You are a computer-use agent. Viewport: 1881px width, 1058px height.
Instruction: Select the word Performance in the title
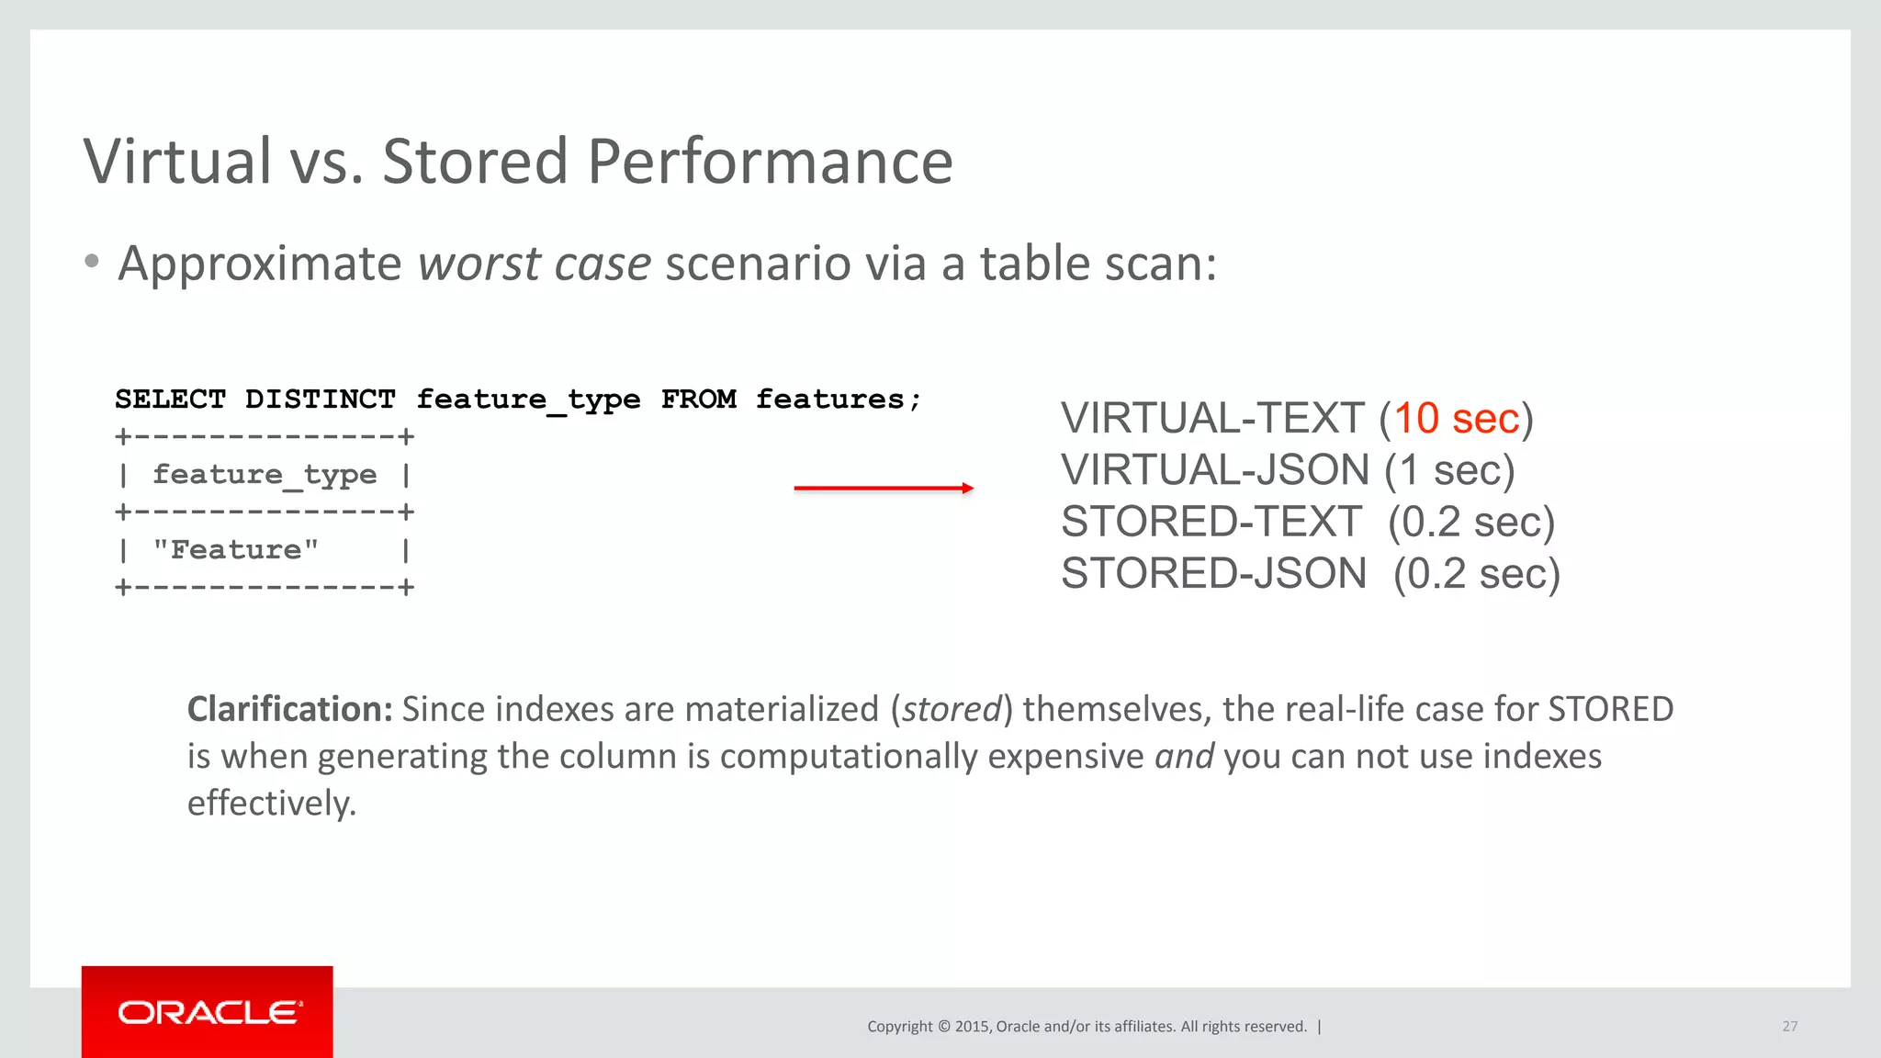pyautogui.click(x=770, y=162)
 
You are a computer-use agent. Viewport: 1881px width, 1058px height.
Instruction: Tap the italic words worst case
pyautogui.click(x=535, y=264)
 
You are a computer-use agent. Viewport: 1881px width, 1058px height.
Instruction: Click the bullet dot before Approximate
pyautogui.click(x=91, y=262)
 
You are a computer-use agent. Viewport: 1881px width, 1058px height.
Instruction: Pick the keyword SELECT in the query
pyautogui.click(x=171, y=400)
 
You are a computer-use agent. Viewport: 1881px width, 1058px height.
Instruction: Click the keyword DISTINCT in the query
pyautogui.click(x=320, y=400)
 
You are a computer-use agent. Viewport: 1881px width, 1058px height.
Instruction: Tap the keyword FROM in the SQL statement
pyautogui.click(x=698, y=400)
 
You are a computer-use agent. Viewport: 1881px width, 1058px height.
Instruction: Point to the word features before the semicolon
pyautogui.click(x=830, y=400)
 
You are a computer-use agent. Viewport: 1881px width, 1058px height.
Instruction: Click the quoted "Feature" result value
pyautogui.click(x=236, y=550)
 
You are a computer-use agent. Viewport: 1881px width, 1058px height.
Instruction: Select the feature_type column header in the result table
pyautogui.click(x=265, y=475)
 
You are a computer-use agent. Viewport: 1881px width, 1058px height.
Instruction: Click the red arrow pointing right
pyautogui.click(x=884, y=489)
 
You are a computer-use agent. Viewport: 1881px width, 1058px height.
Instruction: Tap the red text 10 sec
pyautogui.click(x=1456, y=419)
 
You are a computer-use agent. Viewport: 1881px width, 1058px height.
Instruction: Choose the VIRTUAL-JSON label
pyautogui.click(x=1215, y=470)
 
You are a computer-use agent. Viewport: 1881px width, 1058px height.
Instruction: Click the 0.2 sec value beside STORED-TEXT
pyautogui.click(x=1470, y=523)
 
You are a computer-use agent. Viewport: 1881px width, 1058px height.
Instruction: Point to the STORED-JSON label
pyautogui.click(x=1213, y=574)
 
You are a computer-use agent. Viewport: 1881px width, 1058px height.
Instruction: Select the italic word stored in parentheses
pyautogui.click(x=951, y=709)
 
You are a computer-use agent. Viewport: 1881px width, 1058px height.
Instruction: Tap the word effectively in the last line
pyautogui.click(x=272, y=804)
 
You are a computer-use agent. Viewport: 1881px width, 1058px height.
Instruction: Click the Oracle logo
pyautogui.click(x=208, y=1012)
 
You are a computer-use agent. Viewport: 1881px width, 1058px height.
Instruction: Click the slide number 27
pyautogui.click(x=1789, y=1026)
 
